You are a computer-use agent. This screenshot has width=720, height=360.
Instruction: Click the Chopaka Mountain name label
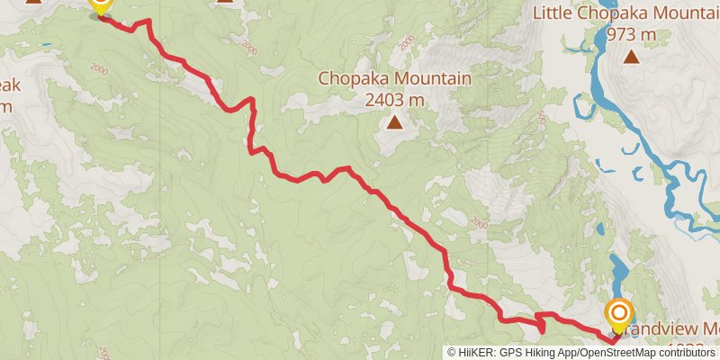[x=394, y=79]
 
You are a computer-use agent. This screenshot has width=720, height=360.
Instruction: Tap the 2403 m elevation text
[x=394, y=100]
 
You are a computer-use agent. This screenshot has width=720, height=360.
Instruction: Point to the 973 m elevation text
[x=631, y=35]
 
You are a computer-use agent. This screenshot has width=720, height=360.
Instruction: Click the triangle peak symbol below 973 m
[x=632, y=58]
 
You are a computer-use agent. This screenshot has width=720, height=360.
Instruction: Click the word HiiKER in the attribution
[x=477, y=353]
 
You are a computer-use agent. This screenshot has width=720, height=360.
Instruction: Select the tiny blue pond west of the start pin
[x=45, y=43]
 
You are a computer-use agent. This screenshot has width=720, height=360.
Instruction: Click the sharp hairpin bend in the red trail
[x=540, y=317]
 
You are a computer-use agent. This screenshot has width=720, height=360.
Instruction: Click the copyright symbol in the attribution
[x=453, y=353]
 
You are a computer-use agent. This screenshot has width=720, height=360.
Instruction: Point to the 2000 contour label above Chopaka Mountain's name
[x=407, y=42]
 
